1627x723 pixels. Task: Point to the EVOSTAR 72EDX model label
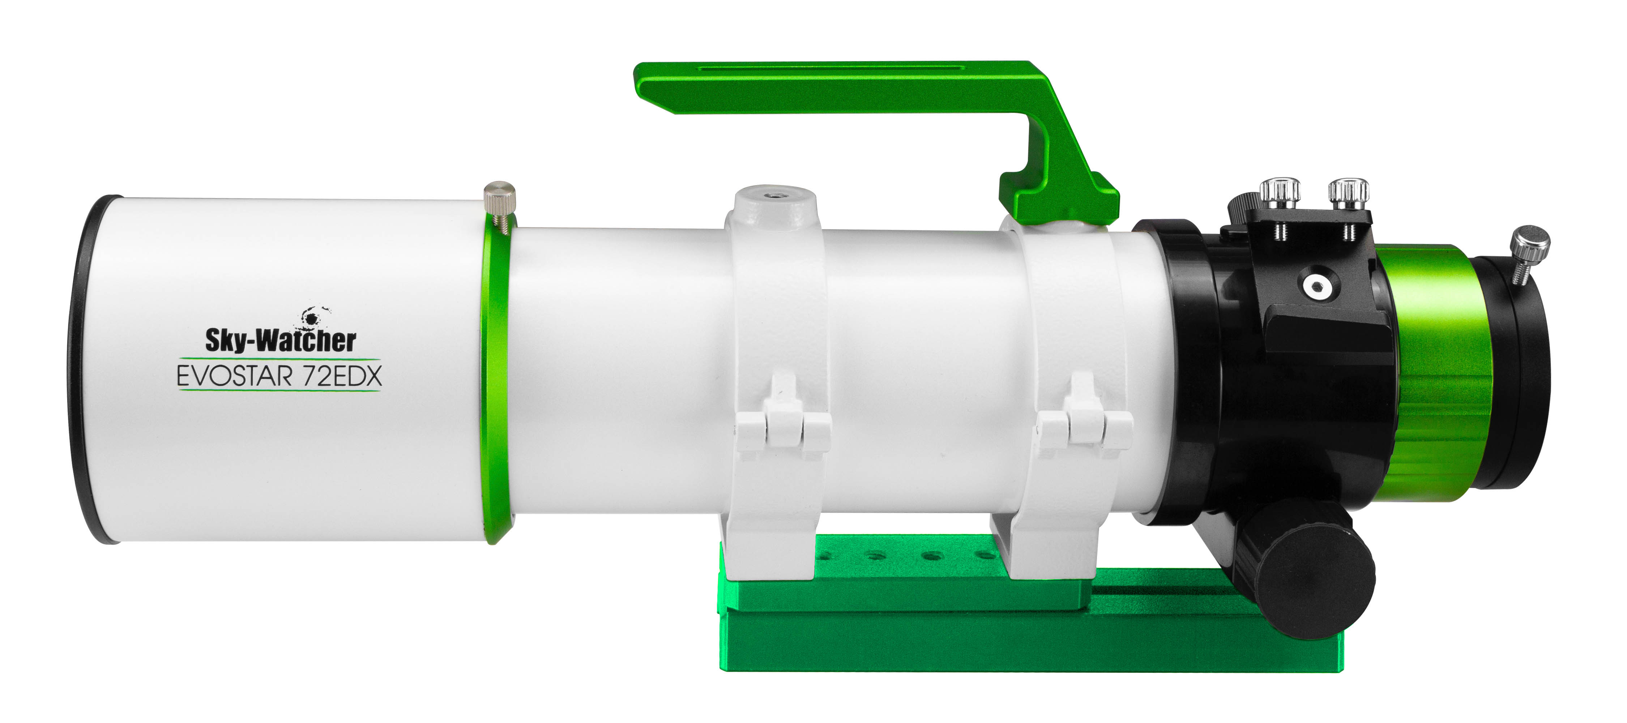coord(279,376)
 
